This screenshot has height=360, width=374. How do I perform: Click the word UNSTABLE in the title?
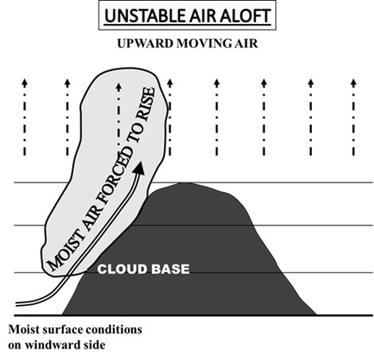click(x=145, y=16)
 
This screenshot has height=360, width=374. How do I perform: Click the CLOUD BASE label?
click(x=143, y=269)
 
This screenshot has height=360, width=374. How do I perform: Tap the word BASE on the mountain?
click(x=170, y=269)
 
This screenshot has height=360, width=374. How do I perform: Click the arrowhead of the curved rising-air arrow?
click(x=139, y=168)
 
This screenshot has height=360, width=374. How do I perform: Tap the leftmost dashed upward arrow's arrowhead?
click(x=25, y=83)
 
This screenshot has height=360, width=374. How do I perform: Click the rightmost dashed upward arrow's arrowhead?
click(x=353, y=83)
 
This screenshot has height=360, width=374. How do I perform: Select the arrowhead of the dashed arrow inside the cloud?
click(x=119, y=88)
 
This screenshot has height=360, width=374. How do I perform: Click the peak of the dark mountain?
click(x=185, y=183)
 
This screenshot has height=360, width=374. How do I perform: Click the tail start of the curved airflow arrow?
click(x=16, y=304)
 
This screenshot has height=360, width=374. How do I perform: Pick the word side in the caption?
click(x=95, y=345)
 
